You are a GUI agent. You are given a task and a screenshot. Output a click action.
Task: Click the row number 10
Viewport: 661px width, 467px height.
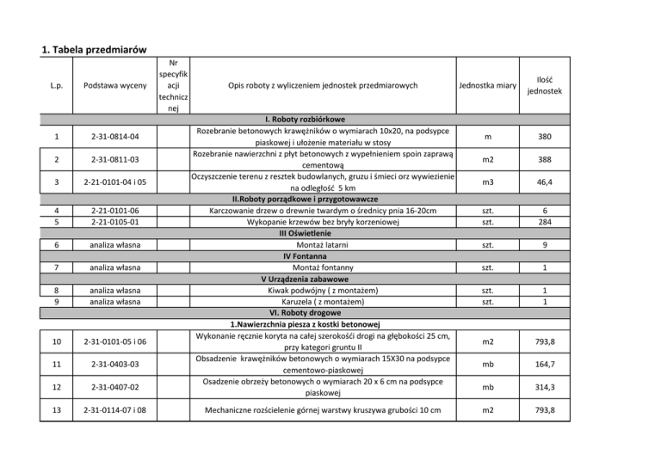click(x=55, y=343)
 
